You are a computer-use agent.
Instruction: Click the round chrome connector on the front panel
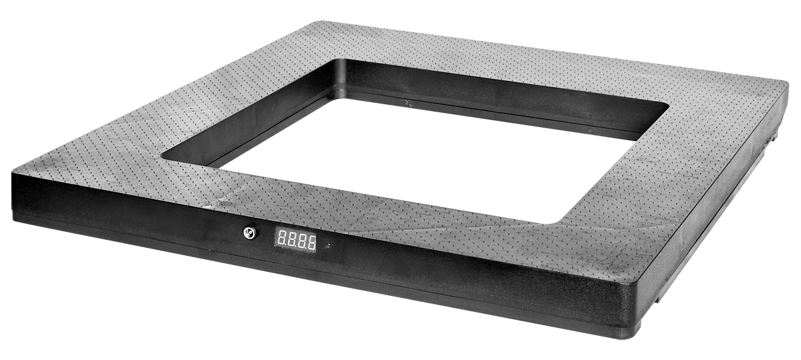point(249,233)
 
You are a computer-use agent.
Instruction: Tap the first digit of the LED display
point(281,239)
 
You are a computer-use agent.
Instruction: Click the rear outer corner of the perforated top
point(320,22)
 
